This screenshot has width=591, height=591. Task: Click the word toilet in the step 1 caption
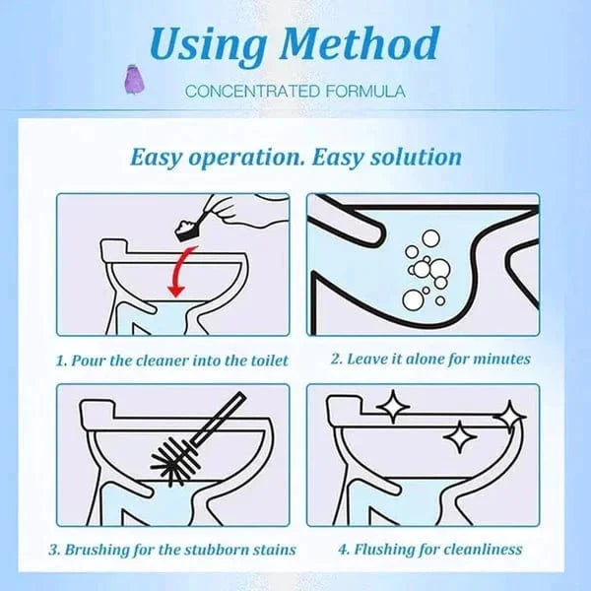click(265, 360)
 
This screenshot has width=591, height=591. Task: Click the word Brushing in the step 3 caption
click(103, 549)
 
